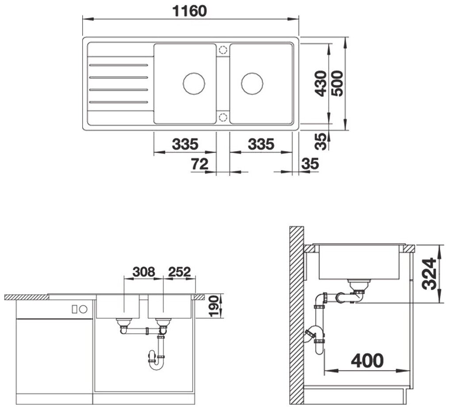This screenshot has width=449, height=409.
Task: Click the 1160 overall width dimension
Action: point(190,11)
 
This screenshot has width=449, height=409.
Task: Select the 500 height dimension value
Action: point(337,83)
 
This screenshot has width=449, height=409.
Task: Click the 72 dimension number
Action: point(200,164)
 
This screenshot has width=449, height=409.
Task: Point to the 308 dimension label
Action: point(144,272)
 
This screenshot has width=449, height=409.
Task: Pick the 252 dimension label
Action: point(179,272)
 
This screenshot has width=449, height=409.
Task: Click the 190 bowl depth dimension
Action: point(214,306)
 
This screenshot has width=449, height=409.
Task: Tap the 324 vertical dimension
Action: point(430,274)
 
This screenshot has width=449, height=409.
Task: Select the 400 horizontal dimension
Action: point(367,360)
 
